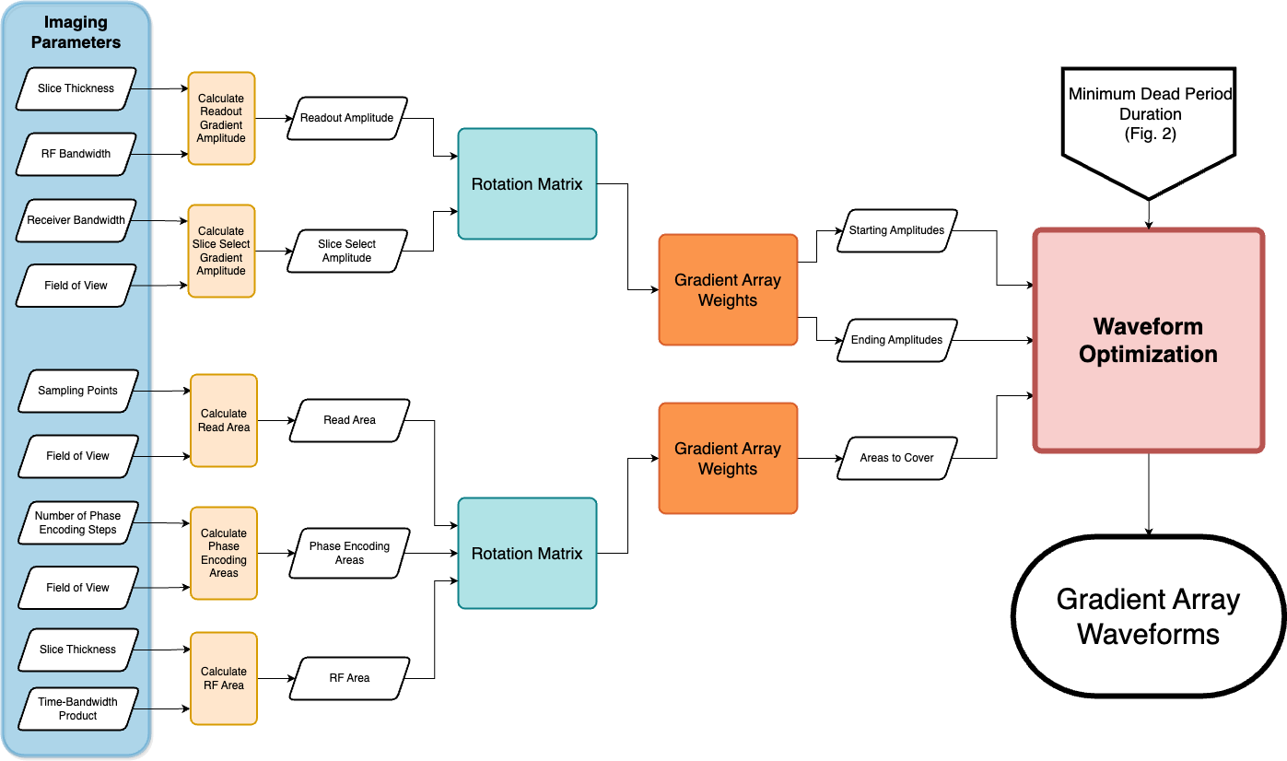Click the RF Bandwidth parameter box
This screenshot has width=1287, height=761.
click(76, 154)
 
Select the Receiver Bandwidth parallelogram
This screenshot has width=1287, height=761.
click(76, 220)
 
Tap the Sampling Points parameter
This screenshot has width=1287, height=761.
click(77, 391)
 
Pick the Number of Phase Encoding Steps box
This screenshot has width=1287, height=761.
click(77, 522)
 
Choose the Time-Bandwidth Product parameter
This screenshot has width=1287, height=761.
click(77, 708)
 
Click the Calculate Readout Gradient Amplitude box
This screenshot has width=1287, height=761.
click(221, 119)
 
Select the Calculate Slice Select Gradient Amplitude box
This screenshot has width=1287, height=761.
click(221, 252)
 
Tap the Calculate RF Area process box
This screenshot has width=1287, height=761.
click(224, 678)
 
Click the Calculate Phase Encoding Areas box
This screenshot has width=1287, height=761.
click(224, 553)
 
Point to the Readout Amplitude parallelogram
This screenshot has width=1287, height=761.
click(347, 118)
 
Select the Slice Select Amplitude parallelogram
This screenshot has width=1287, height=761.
click(347, 252)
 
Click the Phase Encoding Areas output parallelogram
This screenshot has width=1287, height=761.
click(349, 553)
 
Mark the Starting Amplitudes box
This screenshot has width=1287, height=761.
click(897, 230)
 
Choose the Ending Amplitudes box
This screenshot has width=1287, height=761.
click(897, 340)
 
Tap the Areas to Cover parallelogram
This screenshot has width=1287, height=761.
click(897, 458)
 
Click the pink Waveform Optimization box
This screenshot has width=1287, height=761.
click(1149, 340)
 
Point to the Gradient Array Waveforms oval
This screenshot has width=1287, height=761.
click(1149, 616)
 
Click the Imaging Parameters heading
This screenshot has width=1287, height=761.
click(76, 32)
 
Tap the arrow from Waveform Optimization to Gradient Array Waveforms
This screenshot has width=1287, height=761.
click(1149, 494)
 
